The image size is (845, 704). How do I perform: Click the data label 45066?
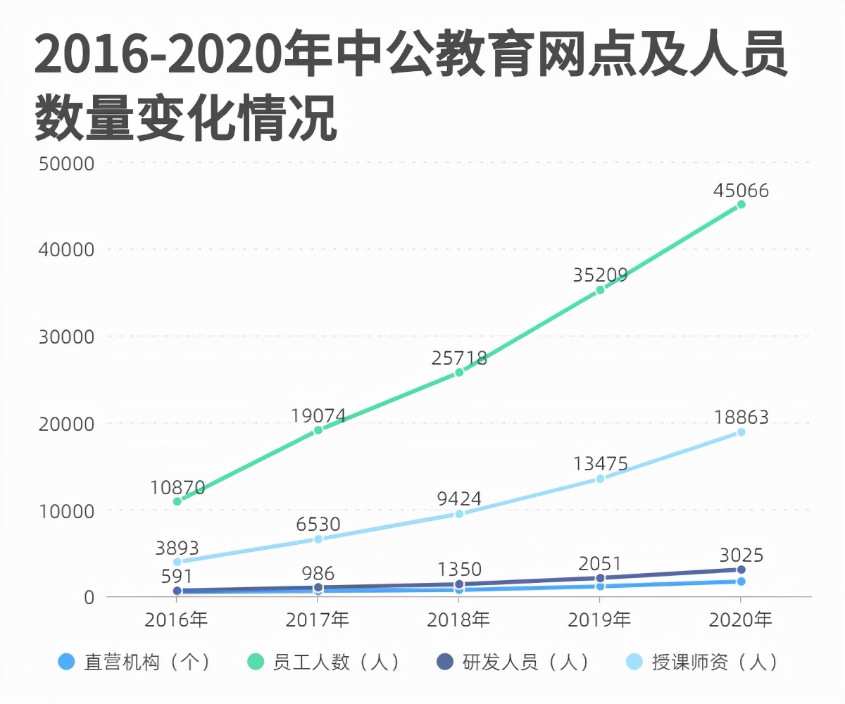point(741,191)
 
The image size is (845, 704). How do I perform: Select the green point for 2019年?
point(600,289)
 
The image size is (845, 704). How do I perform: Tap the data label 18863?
point(741,418)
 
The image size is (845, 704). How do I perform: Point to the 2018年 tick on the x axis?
point(459,620)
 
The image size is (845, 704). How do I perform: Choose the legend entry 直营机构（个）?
point(134,662)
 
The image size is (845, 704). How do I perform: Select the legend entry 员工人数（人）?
point(323,662)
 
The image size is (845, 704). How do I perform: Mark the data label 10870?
point(177,487)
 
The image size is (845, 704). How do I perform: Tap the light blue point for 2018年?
point(459,514)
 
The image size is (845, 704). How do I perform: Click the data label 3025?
point(741,555)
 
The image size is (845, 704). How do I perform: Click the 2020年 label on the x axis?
point(741,620)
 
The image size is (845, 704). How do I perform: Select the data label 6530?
point(318,524)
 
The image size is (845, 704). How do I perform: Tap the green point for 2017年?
point(318,430)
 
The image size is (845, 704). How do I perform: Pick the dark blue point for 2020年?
point(741,570)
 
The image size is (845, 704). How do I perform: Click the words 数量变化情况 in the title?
point(186,118)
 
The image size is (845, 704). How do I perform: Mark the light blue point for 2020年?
point(741,432)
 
